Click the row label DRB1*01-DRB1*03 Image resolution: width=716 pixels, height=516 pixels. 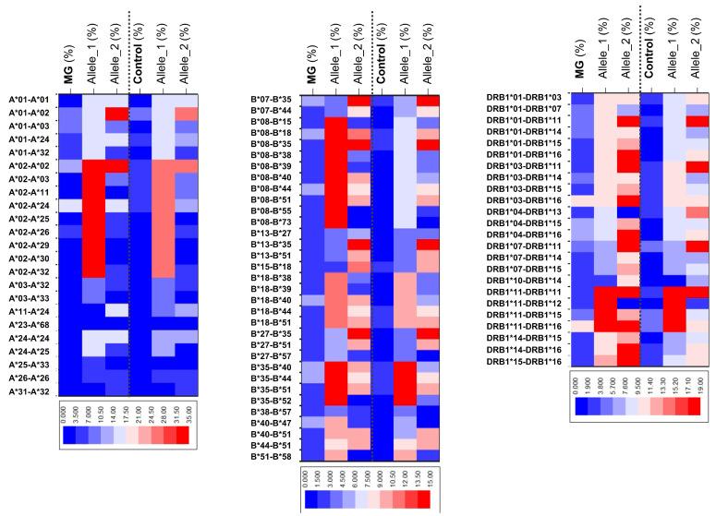coord(523,97)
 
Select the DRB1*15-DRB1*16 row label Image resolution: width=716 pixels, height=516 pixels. coord(523,362)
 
